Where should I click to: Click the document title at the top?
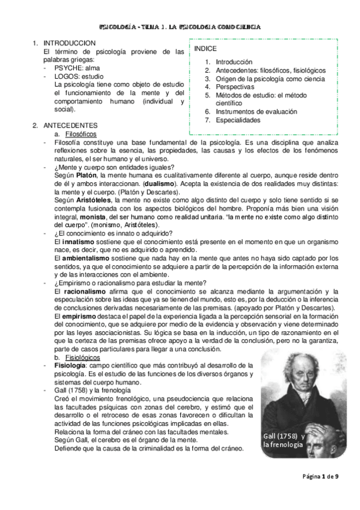pyautogui.click(x=180, y=27)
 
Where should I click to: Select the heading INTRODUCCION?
pyautogui.click(x=70, y=44)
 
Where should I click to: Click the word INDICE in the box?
pyautogui.click(x=206, y=48)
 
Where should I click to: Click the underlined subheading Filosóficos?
pyautogui.click(x=81, y=134)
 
